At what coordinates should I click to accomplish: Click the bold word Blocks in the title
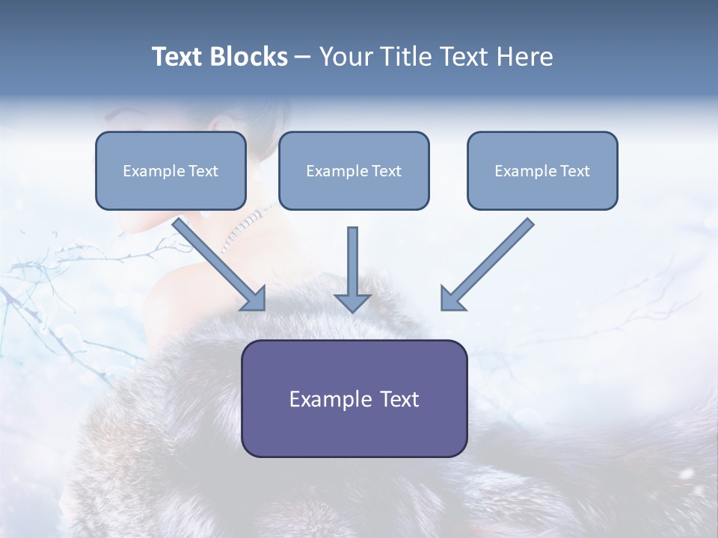[249, 57]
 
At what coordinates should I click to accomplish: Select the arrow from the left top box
[217, 262]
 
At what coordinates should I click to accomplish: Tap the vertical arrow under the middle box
[352, 262]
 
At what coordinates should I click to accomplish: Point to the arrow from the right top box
[490, 262]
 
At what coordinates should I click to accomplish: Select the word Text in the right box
[575, 171]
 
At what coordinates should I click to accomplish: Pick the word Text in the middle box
[387, 171]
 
